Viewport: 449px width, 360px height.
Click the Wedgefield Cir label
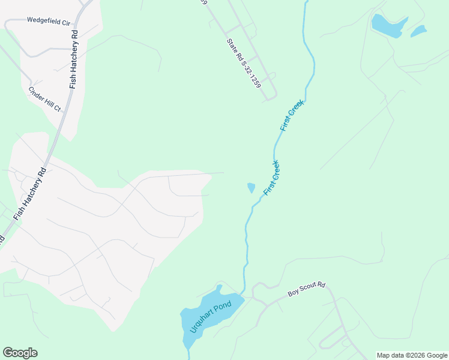pos(49,20)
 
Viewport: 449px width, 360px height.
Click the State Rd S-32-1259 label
pos(244,64)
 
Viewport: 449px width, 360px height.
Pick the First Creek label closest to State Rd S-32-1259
pos(292,115)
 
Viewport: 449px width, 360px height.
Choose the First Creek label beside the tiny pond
pos(272,176)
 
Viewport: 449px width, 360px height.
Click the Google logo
pos(20,353)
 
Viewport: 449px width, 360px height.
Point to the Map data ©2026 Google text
pos(412,355)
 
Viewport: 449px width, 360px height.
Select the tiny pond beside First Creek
pos(251,188)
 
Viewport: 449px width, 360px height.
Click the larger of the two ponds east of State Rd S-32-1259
pos(388,25)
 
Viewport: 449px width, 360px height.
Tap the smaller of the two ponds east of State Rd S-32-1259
pos(418,31)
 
